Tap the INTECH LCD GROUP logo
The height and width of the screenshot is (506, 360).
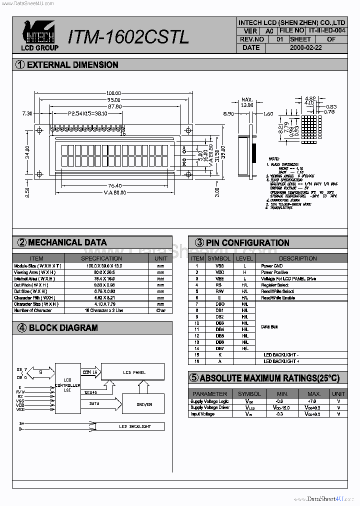[39, 35]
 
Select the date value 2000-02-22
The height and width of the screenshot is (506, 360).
[305, 47]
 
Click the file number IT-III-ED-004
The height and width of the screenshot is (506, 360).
[327, 30]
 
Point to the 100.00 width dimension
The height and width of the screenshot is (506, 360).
[113, 93]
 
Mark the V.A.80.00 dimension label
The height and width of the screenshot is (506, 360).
[114, 192]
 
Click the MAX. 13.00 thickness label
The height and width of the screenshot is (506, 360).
[247, 102]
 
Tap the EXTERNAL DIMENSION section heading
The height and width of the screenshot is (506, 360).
[72, 64]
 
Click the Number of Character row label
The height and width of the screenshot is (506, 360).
[33, 310]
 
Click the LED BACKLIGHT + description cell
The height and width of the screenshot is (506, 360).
[281, 361]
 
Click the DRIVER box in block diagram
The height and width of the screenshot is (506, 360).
[144, 404]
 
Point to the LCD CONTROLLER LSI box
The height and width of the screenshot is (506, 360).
[67, 385]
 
